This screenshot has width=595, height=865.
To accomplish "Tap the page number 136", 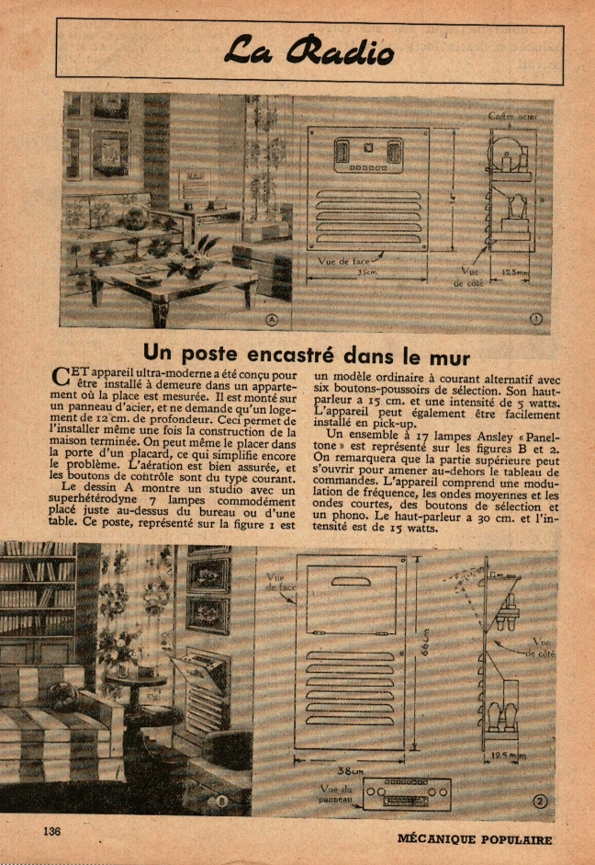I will (x=51, y=830).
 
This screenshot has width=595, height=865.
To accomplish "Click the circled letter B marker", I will (x=222, y=802).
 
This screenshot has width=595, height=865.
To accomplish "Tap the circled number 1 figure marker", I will (x=537, y=319).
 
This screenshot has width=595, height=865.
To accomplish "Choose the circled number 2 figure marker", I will (x=540, y=801).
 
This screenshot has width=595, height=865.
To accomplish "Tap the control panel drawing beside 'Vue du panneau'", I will (x=407, y=792).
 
